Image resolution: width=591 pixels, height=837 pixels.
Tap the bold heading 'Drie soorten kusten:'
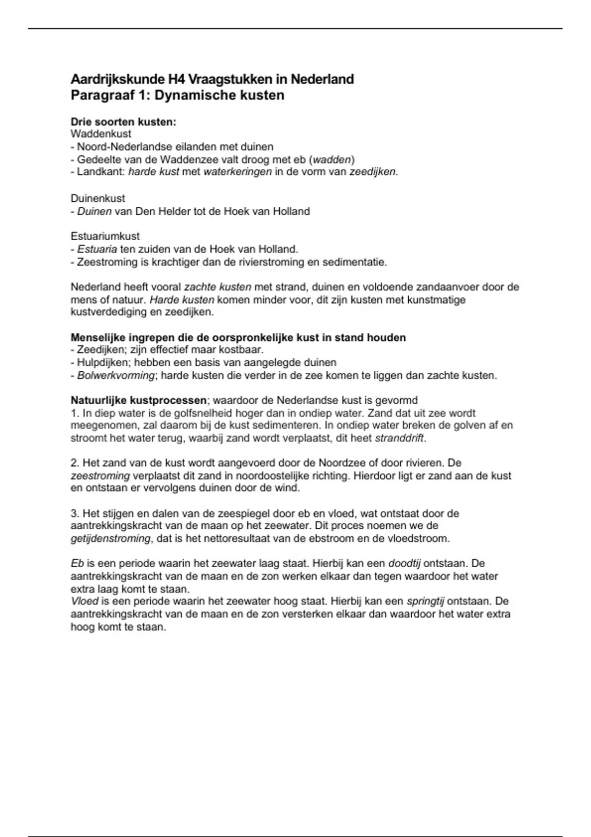123,122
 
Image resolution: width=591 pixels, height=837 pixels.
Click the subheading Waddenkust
101,134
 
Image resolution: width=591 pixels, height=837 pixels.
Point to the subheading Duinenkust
98,198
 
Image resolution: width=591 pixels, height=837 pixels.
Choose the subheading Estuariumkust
105,236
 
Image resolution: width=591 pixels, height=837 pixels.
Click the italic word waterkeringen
237,172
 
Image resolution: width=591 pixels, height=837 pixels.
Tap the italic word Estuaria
97,249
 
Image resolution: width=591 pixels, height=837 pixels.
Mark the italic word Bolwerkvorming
116,376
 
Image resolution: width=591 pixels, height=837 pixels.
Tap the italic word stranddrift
399,438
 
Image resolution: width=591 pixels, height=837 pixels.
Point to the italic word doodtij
404,563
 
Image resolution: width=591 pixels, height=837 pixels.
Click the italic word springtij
425,601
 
